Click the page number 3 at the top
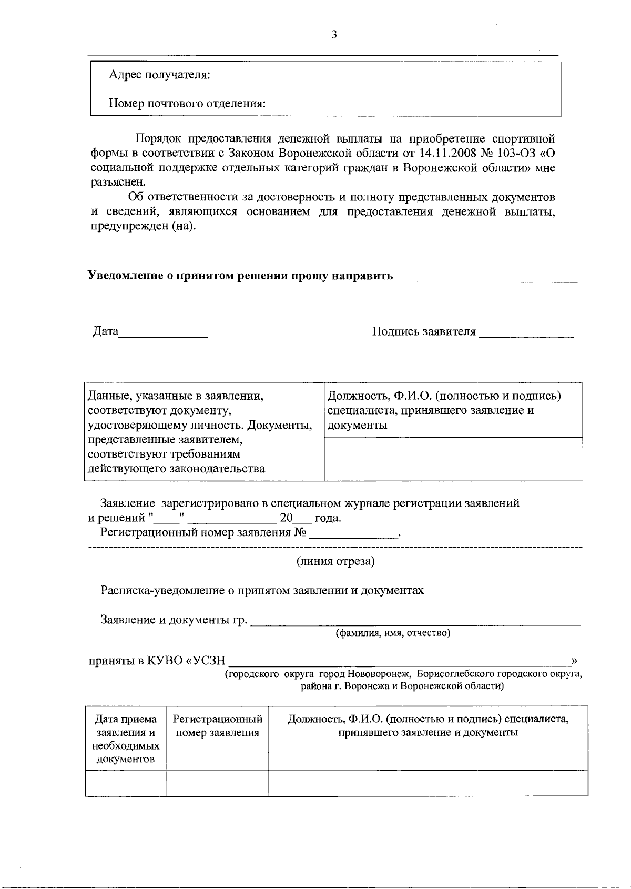(x=334, y=35)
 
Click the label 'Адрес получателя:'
(x=159, y=75)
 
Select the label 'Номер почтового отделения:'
(x=187, y=103)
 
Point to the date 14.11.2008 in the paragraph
(x=450, y=154)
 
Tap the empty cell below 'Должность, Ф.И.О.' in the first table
(x=453, y=459)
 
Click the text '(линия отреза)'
(x=335, y=561)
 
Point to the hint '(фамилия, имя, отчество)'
(x=393, y=633)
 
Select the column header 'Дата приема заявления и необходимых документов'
(x=126, y=739)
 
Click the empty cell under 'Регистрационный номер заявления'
(x=217, y=783)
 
